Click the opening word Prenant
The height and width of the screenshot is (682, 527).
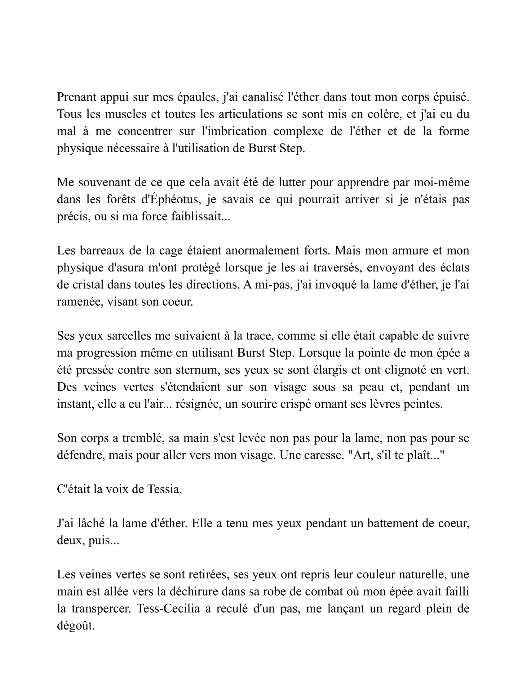coord(77,97)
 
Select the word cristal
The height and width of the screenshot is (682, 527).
coord(88,285)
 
